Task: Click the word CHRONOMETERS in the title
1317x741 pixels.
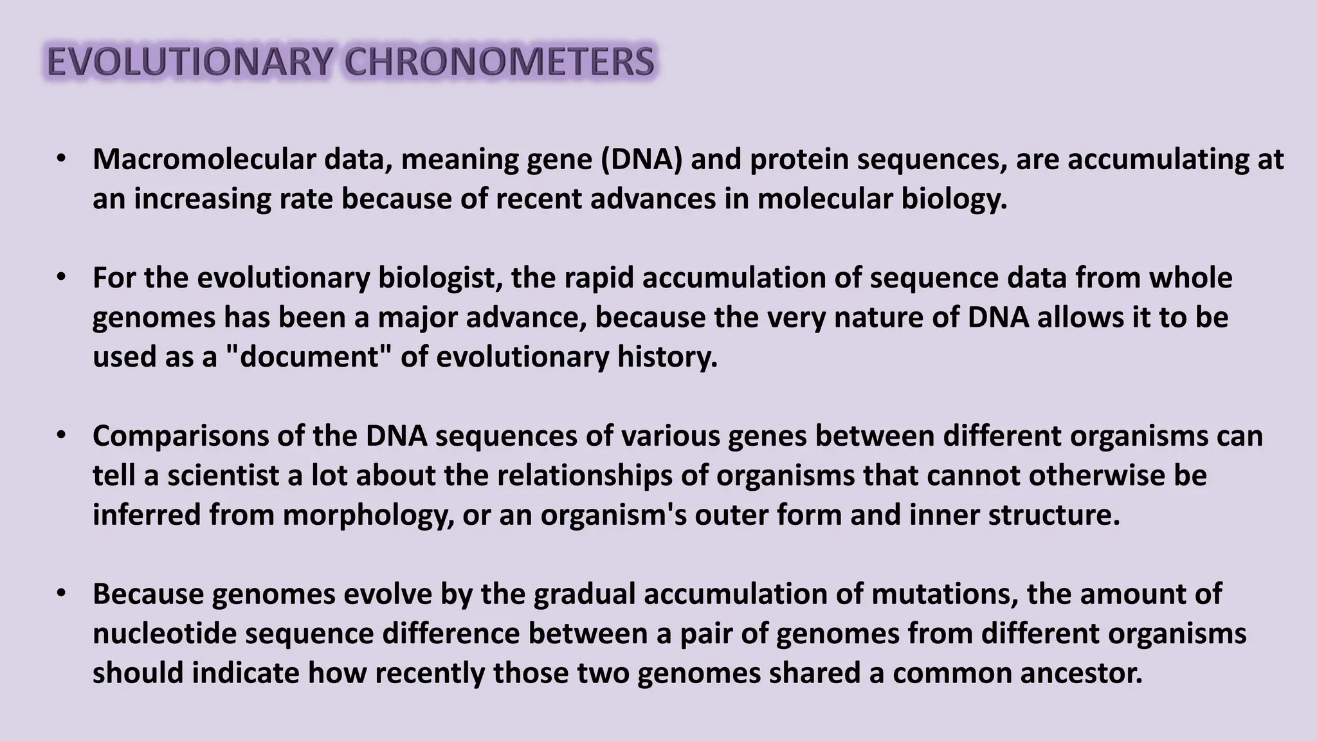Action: pos(499,63)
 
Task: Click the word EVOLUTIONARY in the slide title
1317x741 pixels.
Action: pos(190,63)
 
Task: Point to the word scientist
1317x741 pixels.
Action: pos(227,476)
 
